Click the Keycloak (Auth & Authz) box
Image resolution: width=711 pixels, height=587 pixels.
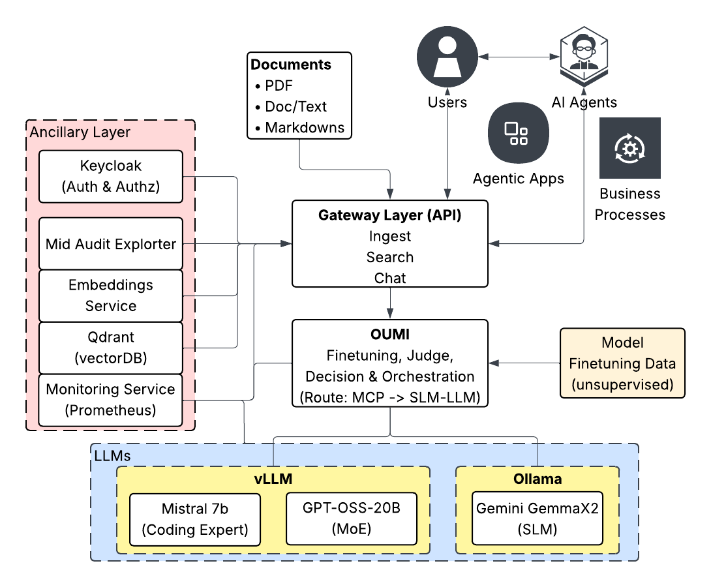pyautogui.click(x=110, y=177)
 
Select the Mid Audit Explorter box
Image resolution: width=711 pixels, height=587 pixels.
pyautogui.click(x=110, y=244)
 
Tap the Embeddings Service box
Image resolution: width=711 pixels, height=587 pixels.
pyautogui.click(x=110, y=295)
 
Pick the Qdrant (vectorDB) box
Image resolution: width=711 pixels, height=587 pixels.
pyautogui.click(x=110, y=348)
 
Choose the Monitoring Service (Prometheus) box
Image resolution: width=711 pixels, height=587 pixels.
pyautogui.click(x=110, y=400)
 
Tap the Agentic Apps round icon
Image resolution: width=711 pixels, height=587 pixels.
pyautogui.click(x=518, y=133)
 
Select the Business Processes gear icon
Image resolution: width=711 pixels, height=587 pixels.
pyautogui.click(x=629, y=148)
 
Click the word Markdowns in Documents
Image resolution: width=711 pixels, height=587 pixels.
pyautogui.click(x=305, y=127)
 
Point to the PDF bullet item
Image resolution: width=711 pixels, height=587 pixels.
pyautogui.click(x=279, y=85)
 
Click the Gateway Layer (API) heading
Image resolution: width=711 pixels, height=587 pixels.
pyautogui.click(x=389, y=215)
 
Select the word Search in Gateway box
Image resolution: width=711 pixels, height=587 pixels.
pyautogui.click(x=389, y=257)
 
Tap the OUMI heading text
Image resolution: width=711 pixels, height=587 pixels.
pyautogui.click(x=389, y=335)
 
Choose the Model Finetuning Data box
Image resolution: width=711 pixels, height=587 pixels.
pyautogui.click(x=622, y=363)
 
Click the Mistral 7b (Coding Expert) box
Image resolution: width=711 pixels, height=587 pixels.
pyautogui.click(x=195, y=519)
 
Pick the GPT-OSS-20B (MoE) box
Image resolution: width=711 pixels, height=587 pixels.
pyautogui.click(x=351, y=519)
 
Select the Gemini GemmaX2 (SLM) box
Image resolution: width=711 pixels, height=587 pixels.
pyautogui.click(x=537, y=519)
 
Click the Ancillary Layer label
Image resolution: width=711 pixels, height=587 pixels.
pyautogui.click(x=80, y=132)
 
